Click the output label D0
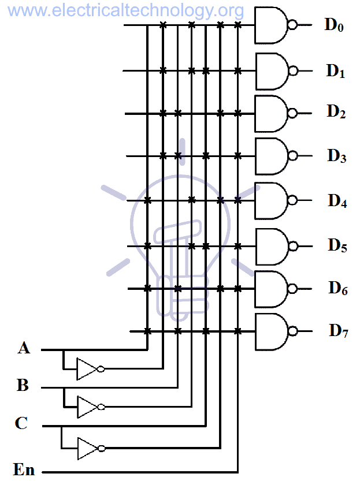pos(334,25)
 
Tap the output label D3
pos(336,156)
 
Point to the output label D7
pos(339,331)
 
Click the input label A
pos(24,348)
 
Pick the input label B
pos(23,385)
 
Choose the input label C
pos(21,424)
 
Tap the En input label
pos(24,469)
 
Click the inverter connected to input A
pos(88,369)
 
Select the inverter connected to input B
pos(88,407)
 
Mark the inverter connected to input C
pos(88,448)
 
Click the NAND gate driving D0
pos(272,25)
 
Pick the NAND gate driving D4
pos(272,200)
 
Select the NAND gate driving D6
pos(272,289)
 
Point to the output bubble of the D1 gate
pos(294,70)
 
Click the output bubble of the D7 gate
pos(294,331)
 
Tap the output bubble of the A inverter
pos(101,369)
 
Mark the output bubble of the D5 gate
pos(294,246)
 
